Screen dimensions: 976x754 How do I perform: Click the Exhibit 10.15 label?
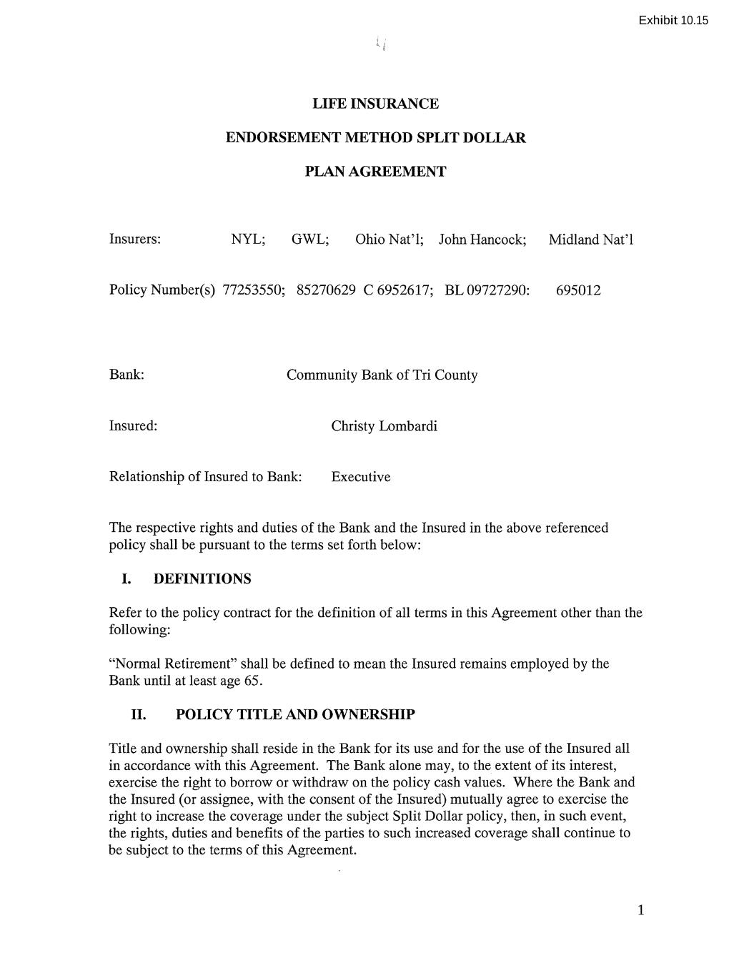[673, 20]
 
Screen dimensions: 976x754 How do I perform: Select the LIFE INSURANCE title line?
[375, 104]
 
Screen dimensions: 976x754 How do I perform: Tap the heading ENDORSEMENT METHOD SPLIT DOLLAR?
[375, 138]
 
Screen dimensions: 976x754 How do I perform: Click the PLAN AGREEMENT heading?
[375, 172]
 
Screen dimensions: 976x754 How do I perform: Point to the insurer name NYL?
[247, 239]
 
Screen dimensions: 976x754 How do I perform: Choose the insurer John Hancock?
[482, 239]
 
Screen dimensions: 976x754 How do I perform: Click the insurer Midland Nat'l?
[591, 239]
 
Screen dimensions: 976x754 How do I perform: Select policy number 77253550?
[253, 290]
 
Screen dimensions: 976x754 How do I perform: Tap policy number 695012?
[578, 290]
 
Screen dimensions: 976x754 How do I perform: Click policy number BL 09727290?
[487, 290]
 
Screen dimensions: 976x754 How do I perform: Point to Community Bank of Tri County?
[382, 375]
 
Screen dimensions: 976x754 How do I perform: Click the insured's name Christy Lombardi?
[384, 426]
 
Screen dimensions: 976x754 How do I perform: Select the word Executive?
[360, 477]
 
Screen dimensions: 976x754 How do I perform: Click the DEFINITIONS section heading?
[202, 579]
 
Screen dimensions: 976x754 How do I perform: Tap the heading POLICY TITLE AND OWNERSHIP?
[295, 715]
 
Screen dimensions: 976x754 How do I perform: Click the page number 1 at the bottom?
[640, 910]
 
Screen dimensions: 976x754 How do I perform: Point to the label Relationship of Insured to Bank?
[205, 477]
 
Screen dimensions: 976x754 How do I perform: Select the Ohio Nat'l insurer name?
[389, 239]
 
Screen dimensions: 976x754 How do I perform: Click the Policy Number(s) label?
[162, 290]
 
